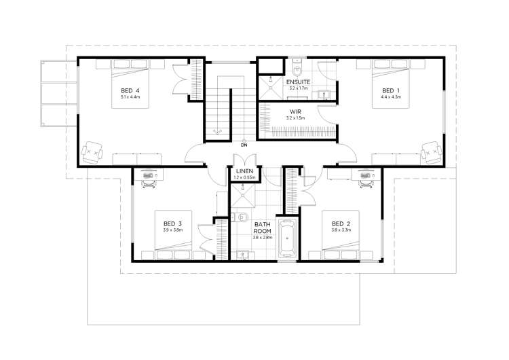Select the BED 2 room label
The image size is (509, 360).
click(341, 223)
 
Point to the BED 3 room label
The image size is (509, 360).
click(172, 223)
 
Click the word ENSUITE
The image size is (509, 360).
click(298, 82)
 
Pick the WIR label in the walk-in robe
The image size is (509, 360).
click(295, 111)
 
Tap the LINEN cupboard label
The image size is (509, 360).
click(244, 170)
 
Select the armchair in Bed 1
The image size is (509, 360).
click(429, 152)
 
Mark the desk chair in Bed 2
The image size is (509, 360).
click(366, 179)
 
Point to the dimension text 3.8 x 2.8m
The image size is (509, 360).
click(263, 238)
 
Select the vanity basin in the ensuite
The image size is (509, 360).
click(324, 94)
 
